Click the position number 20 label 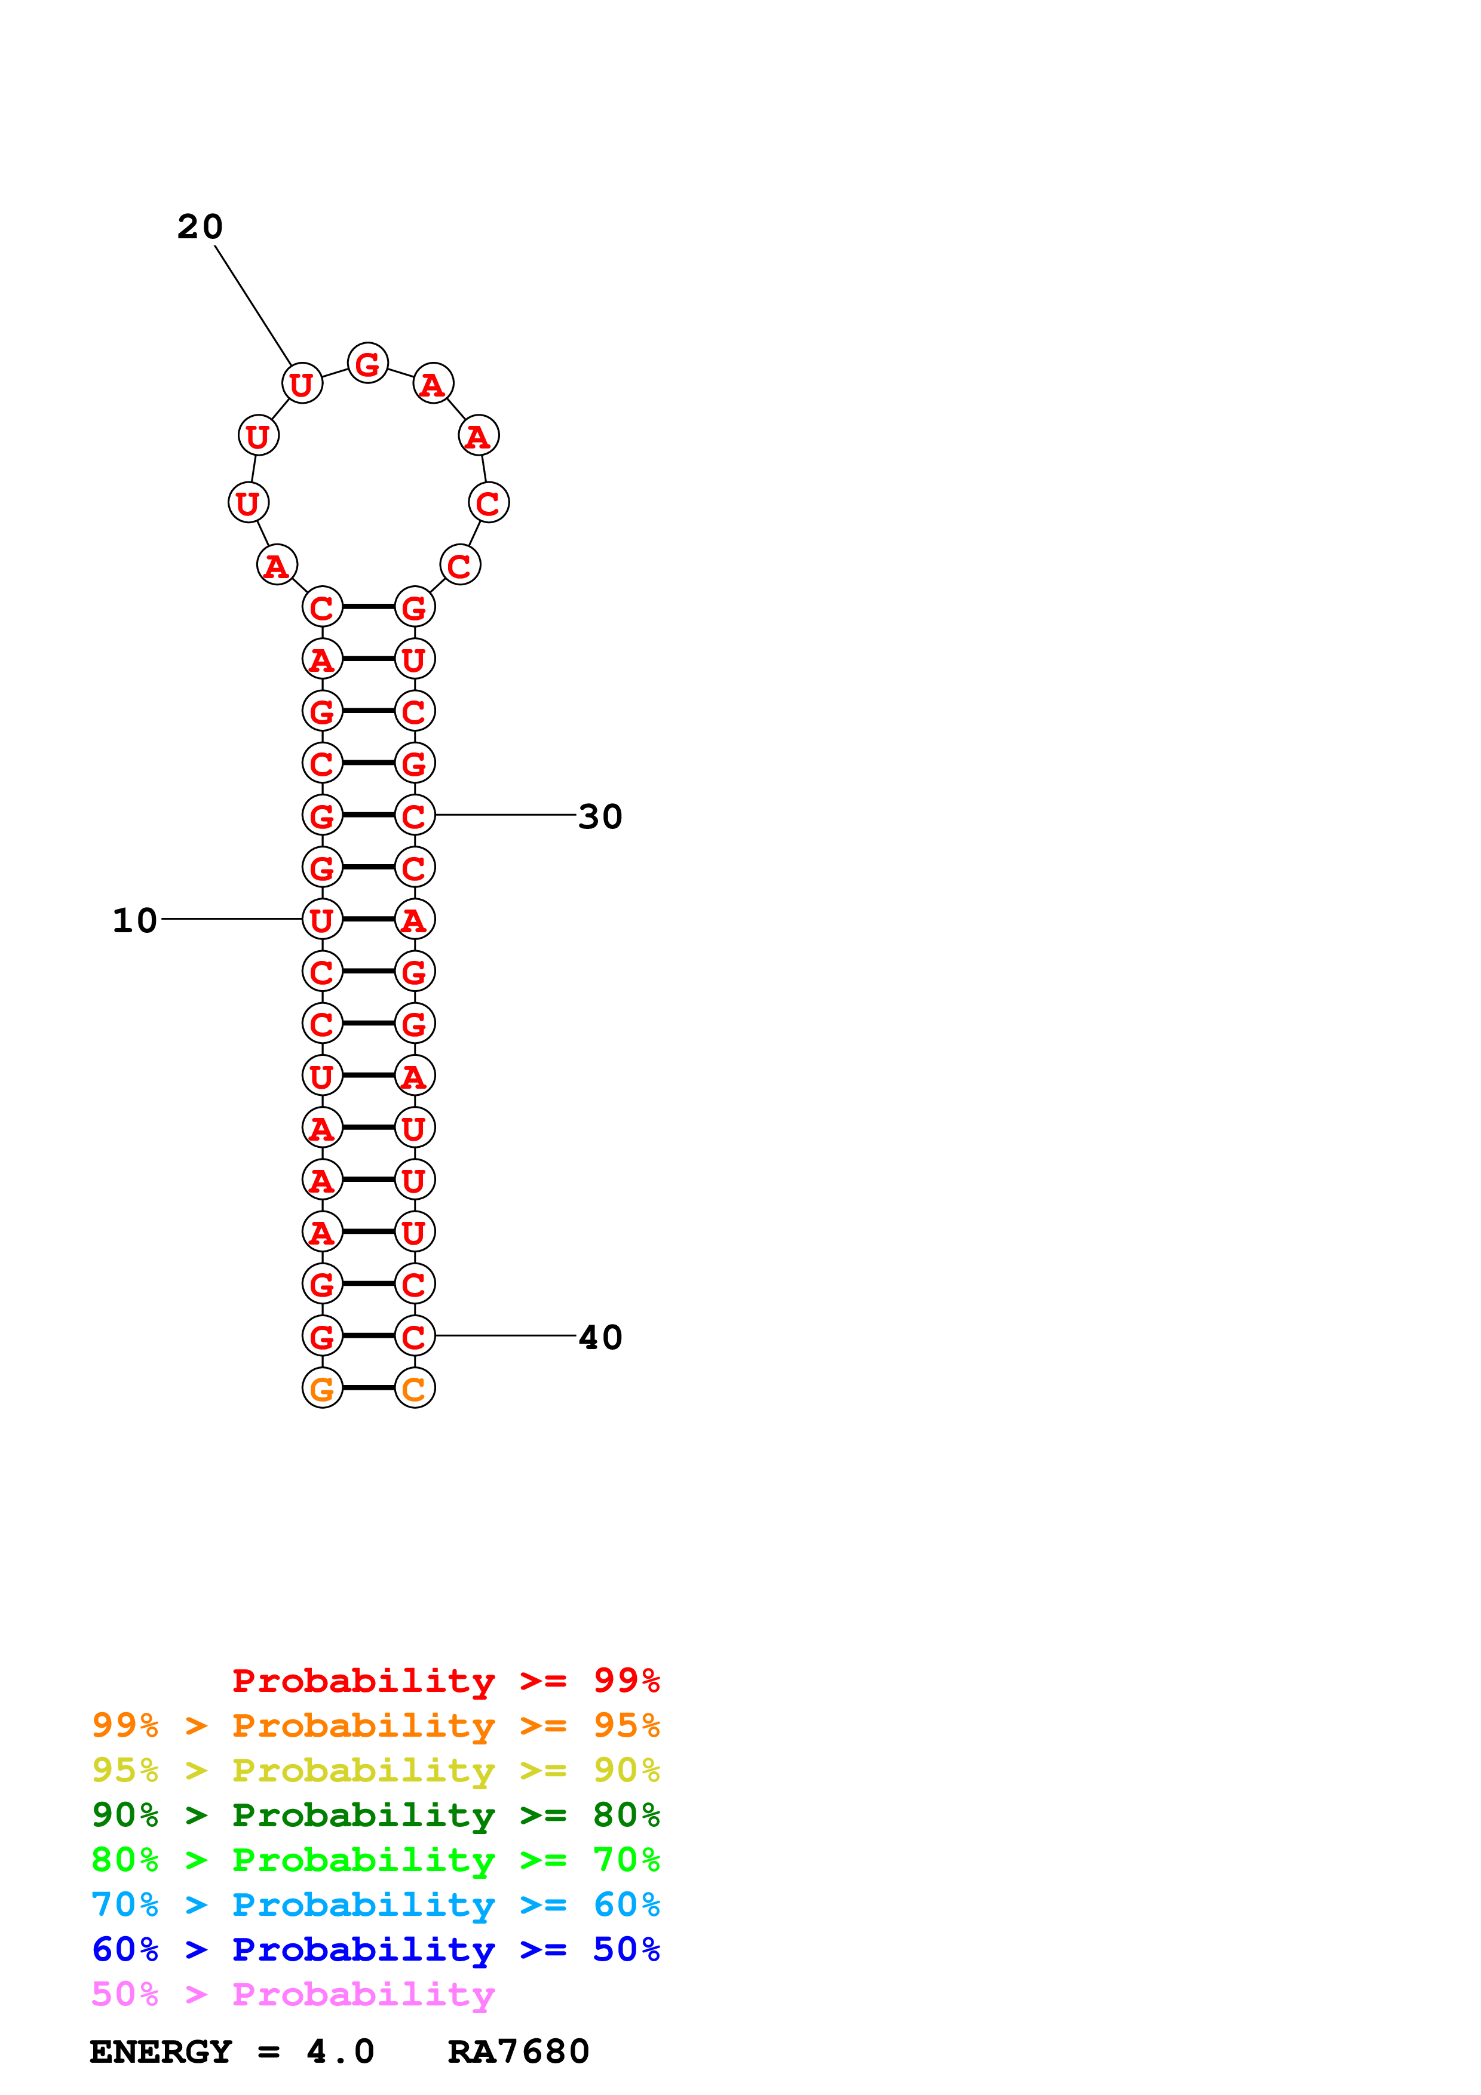point(200,226)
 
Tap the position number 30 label point(600,816)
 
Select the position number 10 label point(134,921)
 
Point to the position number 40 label point(600,1338)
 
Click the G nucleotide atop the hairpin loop point(368,364)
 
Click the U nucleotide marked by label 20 point(302,384)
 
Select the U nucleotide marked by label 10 point(322,920)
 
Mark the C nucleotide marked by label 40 point(414,1337)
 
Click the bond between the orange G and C point(369,1388)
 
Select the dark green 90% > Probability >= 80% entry point(376,1815)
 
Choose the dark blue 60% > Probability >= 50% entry point(376,1949)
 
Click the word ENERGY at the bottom point(161,2051)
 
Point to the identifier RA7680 point(519,2051)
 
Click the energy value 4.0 point(341,2051)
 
